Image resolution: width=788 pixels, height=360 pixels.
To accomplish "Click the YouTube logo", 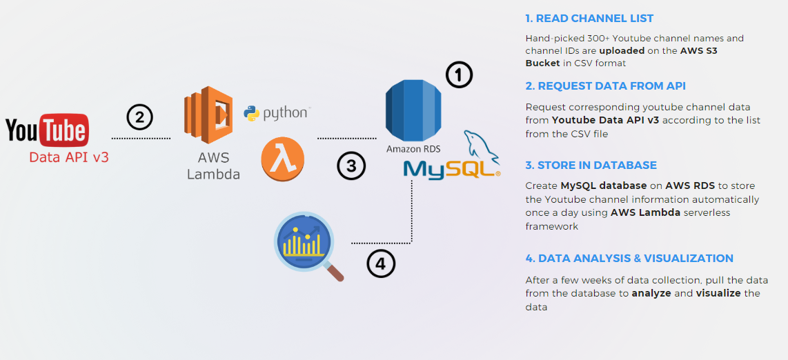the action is click(x=48, y=130).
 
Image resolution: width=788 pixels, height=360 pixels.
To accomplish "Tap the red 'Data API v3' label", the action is click(x=69, y=157).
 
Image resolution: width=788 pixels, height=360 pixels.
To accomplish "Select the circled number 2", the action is click(x=139, y=117).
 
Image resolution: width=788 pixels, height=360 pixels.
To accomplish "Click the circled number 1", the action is click(x=460, y=76).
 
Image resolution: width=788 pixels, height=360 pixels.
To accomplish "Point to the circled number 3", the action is click(x=351, y=166).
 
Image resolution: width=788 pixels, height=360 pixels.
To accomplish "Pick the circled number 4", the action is click(x=381, y=263).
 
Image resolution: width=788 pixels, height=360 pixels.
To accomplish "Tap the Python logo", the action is click(x=277, y=113).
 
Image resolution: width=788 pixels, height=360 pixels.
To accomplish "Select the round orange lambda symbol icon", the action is click(x=282, y=159).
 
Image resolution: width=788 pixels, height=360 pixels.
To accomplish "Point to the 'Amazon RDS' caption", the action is click(x=413, y=149).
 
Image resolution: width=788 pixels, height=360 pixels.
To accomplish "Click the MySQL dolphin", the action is click(x=481, y=147).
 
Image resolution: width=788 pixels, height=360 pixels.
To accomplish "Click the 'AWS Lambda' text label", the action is click(x=214, y=166).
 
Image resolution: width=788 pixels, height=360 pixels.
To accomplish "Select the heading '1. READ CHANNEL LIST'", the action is click(x=589, y=19).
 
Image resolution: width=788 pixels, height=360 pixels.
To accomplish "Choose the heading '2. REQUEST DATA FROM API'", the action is click(x=606, y=86).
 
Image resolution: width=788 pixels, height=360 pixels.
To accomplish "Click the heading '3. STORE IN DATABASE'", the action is click(x=591, y=166).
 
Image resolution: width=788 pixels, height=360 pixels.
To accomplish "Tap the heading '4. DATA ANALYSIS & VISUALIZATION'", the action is click(x=629, y=259).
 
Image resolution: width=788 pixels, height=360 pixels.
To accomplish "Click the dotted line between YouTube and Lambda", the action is click(x=141, y=137).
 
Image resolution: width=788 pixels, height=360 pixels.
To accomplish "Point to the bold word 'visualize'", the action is click(x=718, y=293).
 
